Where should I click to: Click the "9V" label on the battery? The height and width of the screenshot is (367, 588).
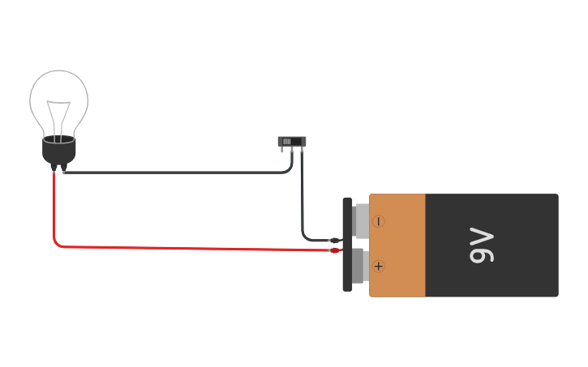point(482,245)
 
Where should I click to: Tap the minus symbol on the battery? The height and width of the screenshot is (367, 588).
point(379,221)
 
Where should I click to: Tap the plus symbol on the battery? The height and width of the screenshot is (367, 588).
point(379,266)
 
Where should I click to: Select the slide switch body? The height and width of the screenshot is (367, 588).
point(292,141)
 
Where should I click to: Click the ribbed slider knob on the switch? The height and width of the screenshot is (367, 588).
point(287,142)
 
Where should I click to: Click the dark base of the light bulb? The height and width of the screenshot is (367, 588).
point(58,151)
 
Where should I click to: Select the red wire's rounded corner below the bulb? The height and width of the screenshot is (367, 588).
point(57,242)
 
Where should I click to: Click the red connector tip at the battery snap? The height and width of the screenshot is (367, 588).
point(335,250)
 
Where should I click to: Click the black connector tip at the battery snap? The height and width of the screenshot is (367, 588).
point(333,240)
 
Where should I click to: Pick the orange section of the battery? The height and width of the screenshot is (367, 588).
point(397,245)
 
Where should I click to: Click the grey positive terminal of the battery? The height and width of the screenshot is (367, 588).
point(359,265)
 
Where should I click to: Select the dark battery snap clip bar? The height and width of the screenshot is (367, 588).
point(347,244)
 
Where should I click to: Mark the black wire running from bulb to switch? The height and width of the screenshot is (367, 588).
point(178,173)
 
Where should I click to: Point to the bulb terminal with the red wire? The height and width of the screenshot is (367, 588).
point(54,169)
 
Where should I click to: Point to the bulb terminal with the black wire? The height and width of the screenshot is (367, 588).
point(63,169)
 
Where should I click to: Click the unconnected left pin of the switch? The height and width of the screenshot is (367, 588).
point(283,150)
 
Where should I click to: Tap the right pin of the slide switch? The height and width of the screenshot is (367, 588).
point(301,150)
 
